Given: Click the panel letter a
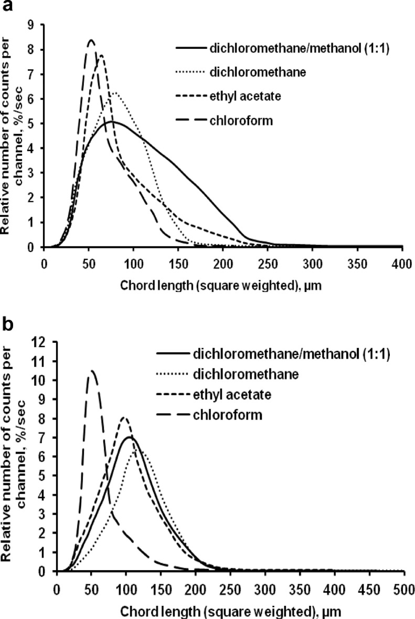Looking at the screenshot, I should pyautogui.click(x=7, y=7).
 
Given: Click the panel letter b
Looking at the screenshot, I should pyautogui.click(x=7, y=326).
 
